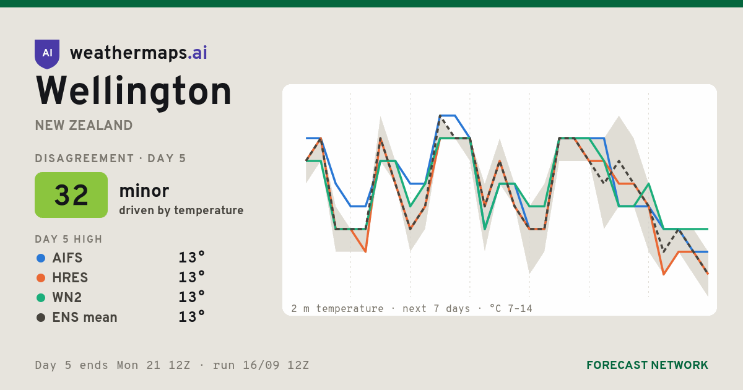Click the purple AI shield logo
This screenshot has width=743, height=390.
point(47,54)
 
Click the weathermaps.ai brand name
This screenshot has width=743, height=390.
point(138,53)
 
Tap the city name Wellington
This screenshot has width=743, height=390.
point(133,92)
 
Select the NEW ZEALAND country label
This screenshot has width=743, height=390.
point(84,126)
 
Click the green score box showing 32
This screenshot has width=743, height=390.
point(71,195)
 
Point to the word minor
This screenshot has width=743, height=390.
point(144,191)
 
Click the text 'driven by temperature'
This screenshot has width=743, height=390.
point(181,210)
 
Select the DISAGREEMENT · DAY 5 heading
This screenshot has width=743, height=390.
point(110,158)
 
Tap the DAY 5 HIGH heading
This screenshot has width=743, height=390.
point(69,240)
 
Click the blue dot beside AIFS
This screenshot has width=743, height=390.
point(41,258)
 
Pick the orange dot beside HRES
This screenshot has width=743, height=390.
point(41,278)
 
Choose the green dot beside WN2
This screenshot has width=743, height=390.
point(41,298)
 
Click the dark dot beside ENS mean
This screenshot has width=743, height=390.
point(41,318)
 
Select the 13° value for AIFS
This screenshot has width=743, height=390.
point(191,258)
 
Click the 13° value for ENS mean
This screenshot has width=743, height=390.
point(191,317)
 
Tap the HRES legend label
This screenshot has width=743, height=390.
point(70,278)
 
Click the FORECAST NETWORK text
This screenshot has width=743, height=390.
point(647,365)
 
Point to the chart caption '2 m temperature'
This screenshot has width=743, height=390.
point(337,309)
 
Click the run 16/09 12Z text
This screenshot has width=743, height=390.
point(261,365)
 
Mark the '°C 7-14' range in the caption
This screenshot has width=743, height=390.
point(511,309)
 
